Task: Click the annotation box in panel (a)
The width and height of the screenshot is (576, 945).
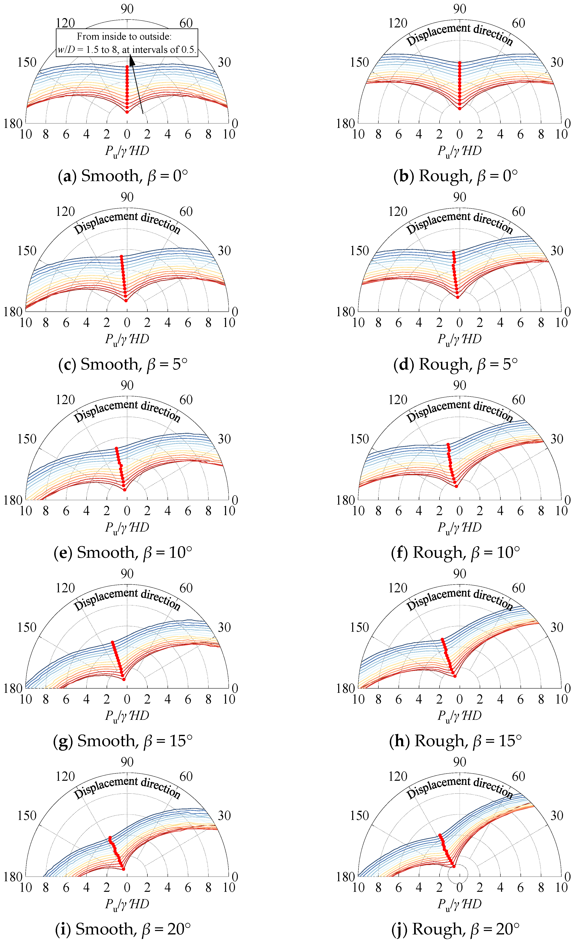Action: [x=127, y=43]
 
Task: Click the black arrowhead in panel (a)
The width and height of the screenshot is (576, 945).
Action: [x=132, y=61]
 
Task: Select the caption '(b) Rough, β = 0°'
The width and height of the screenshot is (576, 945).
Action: [x=456, y=176]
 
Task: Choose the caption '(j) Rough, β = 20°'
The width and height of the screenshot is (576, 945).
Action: [x=456, y=929]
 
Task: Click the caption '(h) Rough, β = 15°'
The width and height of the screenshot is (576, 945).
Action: [x=456, y=741]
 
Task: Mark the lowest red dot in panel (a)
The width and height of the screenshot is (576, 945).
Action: [x=127, y=112]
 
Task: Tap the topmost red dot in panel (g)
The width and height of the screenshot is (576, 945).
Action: [x=113, y=642]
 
